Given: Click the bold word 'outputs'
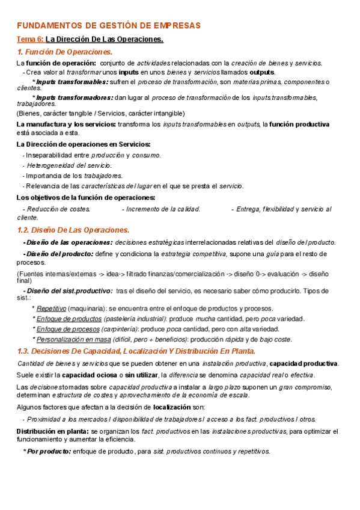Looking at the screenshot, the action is click(261, 72).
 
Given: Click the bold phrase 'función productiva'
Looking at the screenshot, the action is click(299, 124).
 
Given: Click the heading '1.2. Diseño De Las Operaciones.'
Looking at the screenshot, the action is click(73, 230).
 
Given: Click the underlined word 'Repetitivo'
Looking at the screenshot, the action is click(51, 309).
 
